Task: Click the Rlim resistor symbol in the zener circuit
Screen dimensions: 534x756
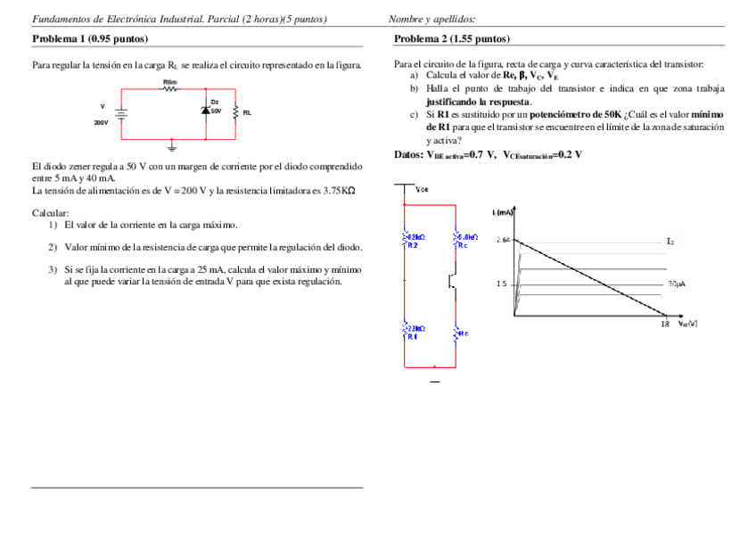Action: tap(170, 89)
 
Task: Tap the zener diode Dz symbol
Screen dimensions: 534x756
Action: tap(205, 111)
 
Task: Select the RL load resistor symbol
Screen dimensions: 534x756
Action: tap(235, 112)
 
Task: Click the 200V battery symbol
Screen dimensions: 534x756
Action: tap(122, 113)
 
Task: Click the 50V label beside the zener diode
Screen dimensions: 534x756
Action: tap(217, 111)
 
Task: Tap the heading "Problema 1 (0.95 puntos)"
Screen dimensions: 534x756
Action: tap(90, 39)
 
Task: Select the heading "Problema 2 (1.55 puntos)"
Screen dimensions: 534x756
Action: tap(451, 39)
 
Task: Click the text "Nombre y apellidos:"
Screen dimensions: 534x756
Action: tap(431, 19)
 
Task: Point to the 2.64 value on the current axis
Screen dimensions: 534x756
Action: tap(503, 240)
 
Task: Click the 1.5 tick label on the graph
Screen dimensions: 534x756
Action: tap(501, 284)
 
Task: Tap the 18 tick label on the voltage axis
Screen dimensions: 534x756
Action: tap(664, 325)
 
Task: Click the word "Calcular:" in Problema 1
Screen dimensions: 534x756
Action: tap(50, 212)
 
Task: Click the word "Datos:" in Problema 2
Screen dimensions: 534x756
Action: tap(408, 154)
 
